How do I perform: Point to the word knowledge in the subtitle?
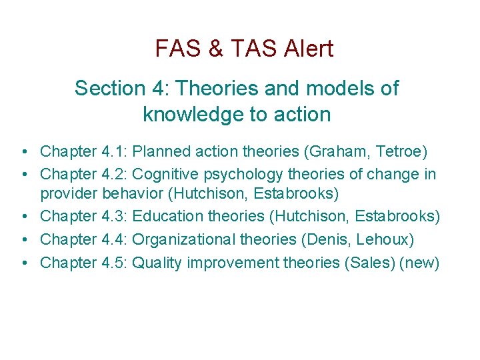pos(193,115)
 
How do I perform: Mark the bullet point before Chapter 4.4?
pos(23,239)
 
